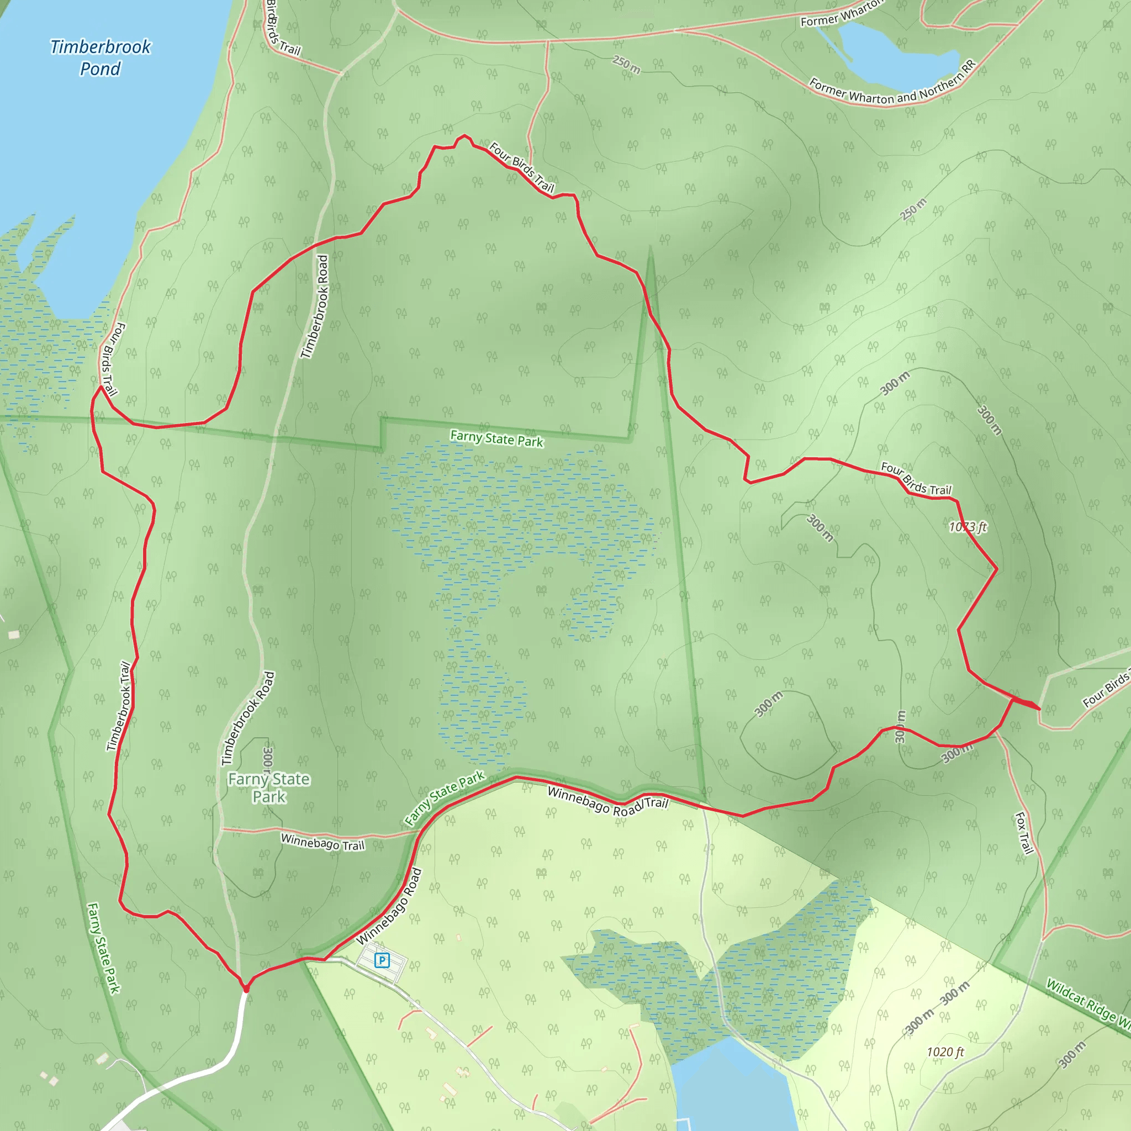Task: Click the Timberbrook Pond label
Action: pos(101,57)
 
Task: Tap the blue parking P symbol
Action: pos(382,960)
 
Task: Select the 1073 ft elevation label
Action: pos(968,527)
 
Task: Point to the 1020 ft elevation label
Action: pos(945,1052)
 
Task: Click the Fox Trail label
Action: pos(1024,833)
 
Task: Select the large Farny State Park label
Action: pos(269,788)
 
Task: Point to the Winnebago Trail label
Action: pos(323,842)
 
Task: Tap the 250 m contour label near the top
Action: pos(626,65)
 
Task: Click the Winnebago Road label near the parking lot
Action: pos(389,906)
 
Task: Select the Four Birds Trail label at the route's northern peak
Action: pos(521,167)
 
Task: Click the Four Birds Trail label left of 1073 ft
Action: pos(916,478)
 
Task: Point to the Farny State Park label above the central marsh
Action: pos(496,438)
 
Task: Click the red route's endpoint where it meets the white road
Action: pos(246,989)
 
